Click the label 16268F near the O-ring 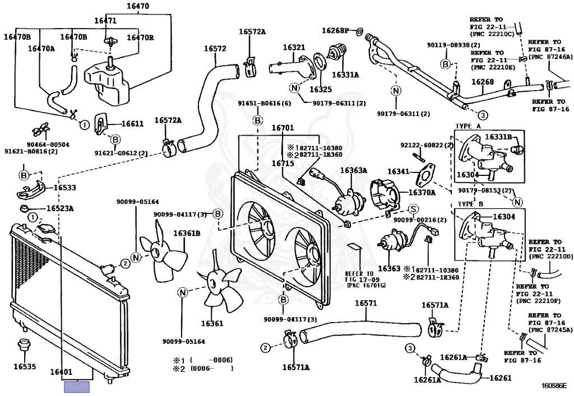(335, 30)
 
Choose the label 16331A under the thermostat (345, 74)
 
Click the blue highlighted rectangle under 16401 (77, 386)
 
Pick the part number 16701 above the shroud (283, 128)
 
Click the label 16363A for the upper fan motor (353, 170)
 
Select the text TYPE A (469, 126)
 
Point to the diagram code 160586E (554, 385)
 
